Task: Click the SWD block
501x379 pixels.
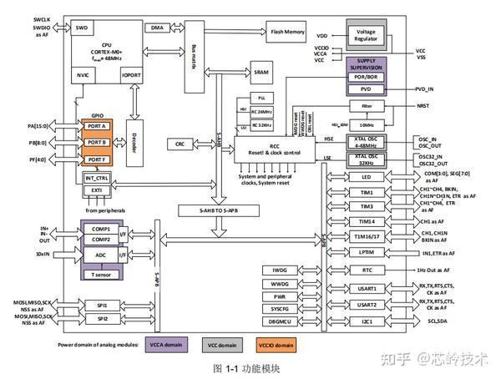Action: tap(82, 28)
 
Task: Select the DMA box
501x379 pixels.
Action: tap(157, 28)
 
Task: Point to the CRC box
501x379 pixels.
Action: tap(203, 144)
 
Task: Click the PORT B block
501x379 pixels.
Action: tap(96, 143)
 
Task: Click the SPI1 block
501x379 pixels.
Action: tap(102, 306)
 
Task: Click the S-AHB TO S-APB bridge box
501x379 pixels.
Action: tap(214, 214)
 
